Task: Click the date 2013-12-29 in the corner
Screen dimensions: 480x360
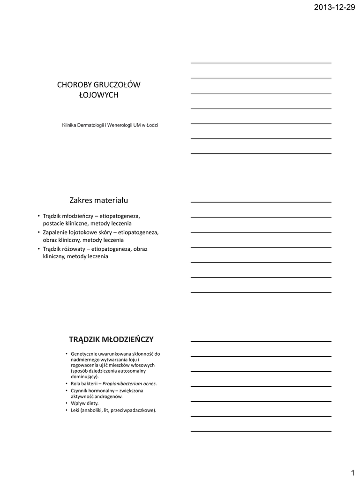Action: [334, 7]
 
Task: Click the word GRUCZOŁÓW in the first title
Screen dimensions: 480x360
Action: [117, 85]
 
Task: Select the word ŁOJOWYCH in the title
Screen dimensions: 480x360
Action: [98, 95]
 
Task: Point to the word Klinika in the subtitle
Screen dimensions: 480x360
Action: [70, 125]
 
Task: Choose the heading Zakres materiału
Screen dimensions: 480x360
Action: [98, 201]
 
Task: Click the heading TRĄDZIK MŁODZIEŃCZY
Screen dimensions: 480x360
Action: [111, 339]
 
